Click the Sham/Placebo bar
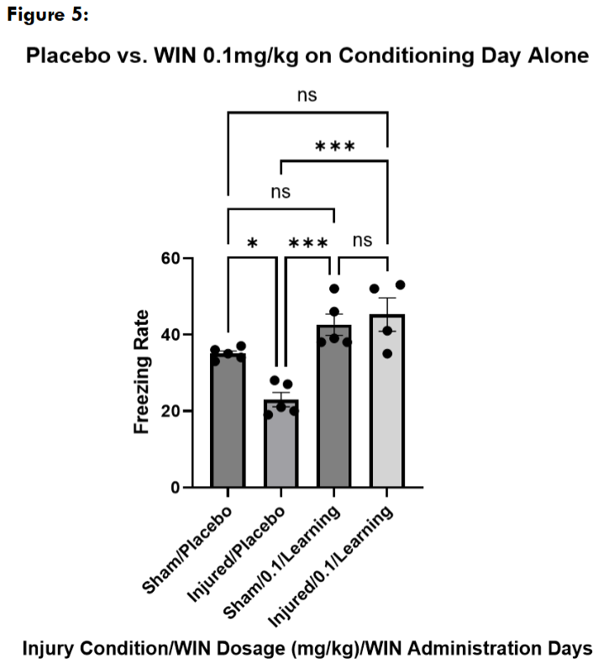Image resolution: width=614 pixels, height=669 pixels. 228,420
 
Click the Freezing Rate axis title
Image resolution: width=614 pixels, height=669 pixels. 142,373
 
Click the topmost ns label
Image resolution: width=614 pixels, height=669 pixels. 307,95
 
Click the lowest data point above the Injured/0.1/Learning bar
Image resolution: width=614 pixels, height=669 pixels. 387,353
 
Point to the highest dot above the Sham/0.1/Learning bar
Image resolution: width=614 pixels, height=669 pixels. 333,289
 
